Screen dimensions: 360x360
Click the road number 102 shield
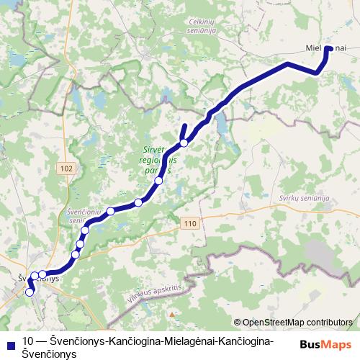[x=68, y=168]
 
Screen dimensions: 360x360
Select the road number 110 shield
[x=189, y=224]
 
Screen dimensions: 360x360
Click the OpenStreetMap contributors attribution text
[x=297, y=323]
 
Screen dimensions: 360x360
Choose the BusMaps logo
[x=325, y=343]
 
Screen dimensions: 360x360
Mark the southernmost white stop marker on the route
[x=30, y=292]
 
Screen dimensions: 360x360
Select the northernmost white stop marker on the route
[x=184, y=143]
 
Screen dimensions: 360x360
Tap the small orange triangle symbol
[x=171, y=315]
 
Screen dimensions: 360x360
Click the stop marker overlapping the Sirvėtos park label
[x=158, y=180]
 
